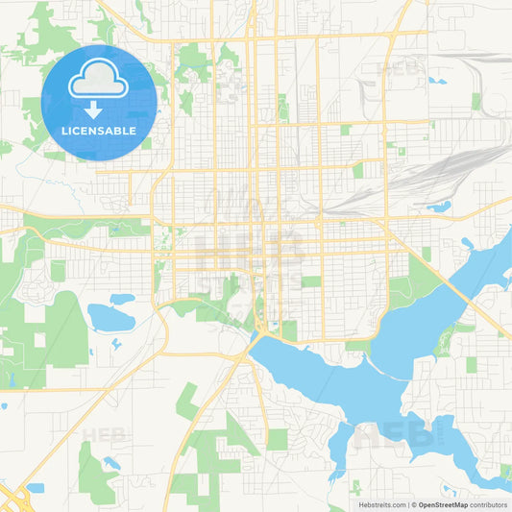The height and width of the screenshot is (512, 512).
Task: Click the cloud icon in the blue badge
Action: click(98, 84)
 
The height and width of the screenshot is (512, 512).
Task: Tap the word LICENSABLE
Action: click(98, 131)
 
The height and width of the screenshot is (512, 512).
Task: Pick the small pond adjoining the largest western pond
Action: click(122, 299)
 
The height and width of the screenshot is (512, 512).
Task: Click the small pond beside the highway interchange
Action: click(36, 488)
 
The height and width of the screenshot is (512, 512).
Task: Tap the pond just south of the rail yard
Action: click(439, 206)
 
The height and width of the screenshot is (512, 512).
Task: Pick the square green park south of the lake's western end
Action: click(277, 439)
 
